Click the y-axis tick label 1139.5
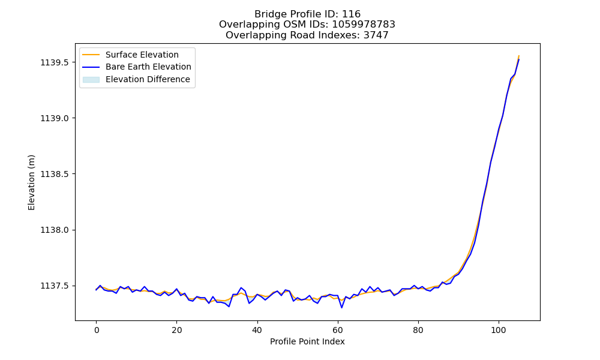55,62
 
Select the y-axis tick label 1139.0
55,118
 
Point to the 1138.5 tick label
55,174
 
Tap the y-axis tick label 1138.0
55,230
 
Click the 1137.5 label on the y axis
55,286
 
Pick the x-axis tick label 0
97,330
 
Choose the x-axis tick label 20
177,330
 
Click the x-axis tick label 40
257,330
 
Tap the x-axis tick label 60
338,330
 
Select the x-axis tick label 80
418,330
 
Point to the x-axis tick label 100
499,330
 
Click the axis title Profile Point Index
307,341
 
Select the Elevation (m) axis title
31,182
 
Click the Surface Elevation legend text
142,55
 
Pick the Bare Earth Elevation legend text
148,67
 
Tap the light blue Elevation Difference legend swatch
91,80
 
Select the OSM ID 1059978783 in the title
364,25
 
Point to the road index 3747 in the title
377,35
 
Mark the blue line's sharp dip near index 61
342,308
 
